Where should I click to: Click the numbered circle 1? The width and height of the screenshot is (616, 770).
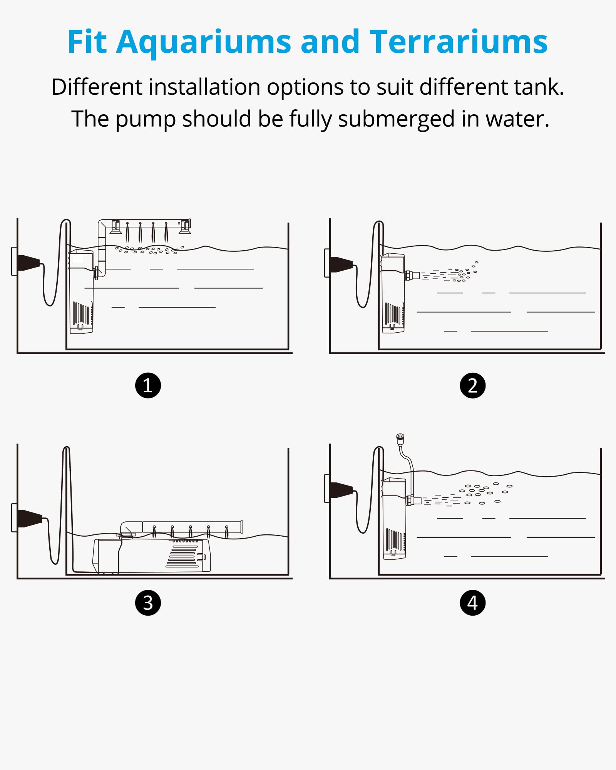click(148, 385)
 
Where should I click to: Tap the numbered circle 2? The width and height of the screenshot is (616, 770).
click(473, 385)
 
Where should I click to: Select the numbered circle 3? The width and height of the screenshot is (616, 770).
click(148, 603)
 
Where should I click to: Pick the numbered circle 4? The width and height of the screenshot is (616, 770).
click(473, 603)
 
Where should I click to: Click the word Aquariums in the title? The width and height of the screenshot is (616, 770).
click(204, 42)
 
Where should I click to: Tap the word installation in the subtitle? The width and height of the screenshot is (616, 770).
click(204, 87)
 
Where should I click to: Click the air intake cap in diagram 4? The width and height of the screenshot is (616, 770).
click(400, 437)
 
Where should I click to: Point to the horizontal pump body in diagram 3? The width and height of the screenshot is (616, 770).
click(151, 556)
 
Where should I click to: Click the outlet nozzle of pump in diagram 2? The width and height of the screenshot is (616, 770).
click(412, 275)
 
